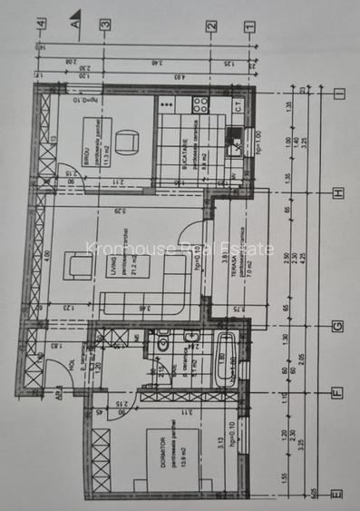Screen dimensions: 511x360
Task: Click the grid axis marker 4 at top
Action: [39, 24]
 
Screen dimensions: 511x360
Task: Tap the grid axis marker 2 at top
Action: [210, 26]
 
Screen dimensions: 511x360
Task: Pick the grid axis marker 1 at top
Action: [248, 26]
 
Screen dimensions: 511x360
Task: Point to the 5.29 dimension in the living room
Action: [120, 213]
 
